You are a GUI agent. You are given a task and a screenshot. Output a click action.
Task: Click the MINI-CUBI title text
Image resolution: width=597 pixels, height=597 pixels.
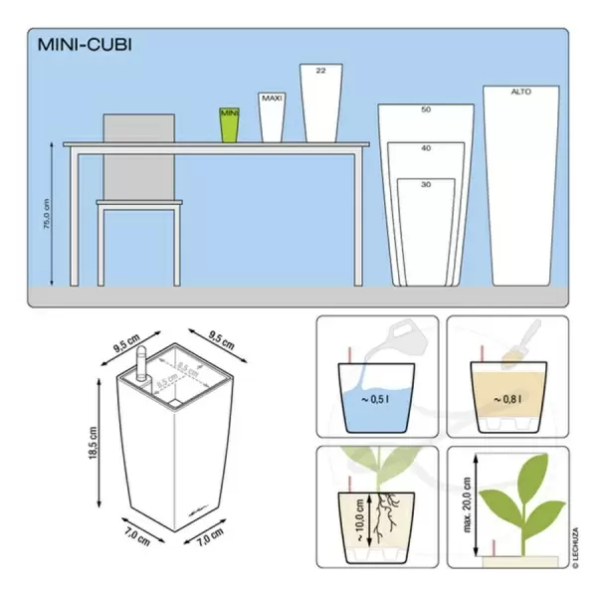click(84, 44)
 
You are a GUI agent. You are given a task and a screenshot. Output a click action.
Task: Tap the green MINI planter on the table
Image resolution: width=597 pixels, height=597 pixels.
click(230, 125)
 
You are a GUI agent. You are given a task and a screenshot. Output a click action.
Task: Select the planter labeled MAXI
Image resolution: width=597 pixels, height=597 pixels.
click(272, 117)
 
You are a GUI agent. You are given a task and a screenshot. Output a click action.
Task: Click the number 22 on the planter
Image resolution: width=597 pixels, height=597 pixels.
click(320, 72)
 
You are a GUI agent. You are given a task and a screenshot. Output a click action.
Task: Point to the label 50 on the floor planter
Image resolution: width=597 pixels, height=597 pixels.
click(426, 109)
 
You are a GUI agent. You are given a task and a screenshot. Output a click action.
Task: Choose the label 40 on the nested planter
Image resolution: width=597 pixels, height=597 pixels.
click(426, 148)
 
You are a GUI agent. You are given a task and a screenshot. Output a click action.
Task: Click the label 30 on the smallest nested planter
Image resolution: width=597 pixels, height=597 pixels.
click(426, 185)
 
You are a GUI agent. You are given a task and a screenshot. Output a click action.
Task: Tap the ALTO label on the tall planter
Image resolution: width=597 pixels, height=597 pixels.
click(521, 92)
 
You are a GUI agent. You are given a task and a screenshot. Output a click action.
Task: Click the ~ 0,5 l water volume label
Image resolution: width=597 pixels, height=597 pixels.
click(377, 401)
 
